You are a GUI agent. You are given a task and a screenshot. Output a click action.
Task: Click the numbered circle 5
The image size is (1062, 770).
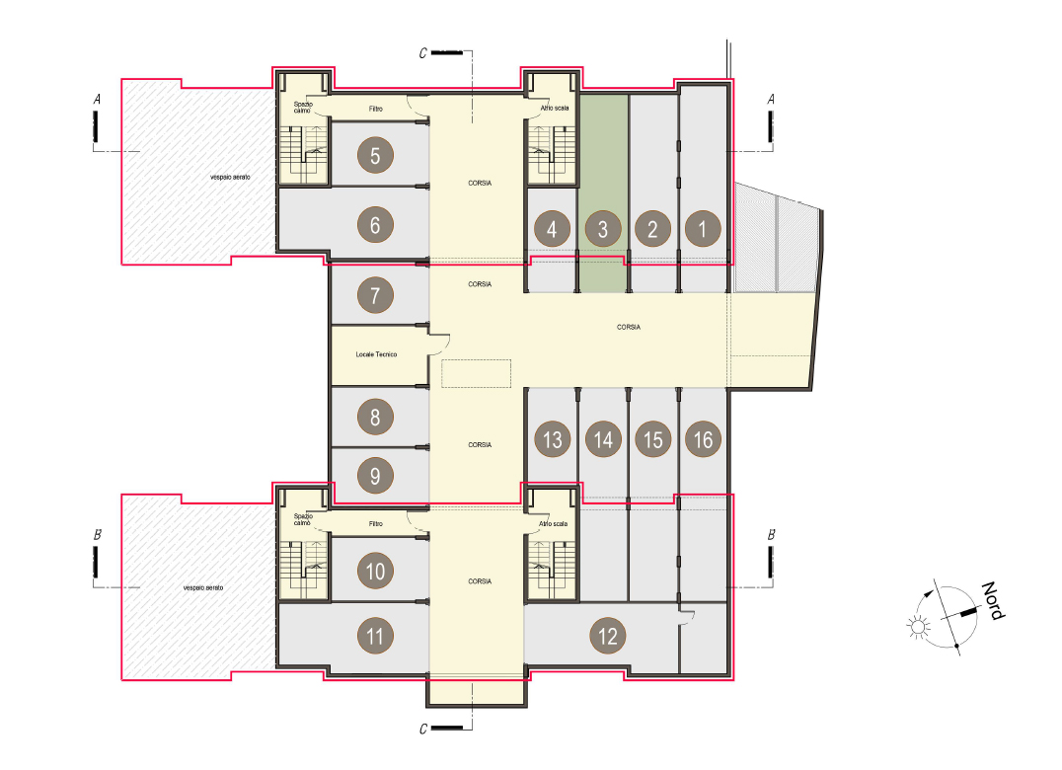(375, 156)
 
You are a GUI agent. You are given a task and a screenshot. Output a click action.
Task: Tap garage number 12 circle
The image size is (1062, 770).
(608, 636)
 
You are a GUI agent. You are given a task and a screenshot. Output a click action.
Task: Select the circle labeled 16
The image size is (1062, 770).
(703, 439)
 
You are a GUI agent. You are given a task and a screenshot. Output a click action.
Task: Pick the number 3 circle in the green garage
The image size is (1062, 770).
(603, 229)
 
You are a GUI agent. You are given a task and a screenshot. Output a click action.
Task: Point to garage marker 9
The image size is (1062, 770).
(375, 476)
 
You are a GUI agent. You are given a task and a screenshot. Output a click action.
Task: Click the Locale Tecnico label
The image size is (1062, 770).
(376, 354)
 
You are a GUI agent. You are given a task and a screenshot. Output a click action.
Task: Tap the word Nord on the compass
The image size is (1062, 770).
(994, 600)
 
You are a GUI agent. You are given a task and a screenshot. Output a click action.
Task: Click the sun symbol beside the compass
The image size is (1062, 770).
(918, 627)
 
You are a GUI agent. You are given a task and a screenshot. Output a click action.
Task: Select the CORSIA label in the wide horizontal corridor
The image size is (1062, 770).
(629, 327)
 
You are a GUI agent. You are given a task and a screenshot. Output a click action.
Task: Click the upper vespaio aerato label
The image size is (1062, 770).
(230, 177)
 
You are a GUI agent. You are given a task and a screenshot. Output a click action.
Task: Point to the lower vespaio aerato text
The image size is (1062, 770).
(203, 587)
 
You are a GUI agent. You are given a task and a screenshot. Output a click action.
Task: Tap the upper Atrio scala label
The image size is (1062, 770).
(555, 108)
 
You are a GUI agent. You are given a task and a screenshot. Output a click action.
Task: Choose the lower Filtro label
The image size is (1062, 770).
(376, 523)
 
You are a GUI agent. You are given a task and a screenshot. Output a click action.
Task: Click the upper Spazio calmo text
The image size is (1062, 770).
(303, 107)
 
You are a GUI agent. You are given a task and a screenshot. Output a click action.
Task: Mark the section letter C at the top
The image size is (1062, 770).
(423, 53)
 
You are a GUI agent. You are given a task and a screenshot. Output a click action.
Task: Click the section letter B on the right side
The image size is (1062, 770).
(771, 535)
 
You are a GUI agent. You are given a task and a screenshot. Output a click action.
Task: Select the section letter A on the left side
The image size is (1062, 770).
(97, 100)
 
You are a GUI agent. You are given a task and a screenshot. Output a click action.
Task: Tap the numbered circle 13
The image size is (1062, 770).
(552, 439)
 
